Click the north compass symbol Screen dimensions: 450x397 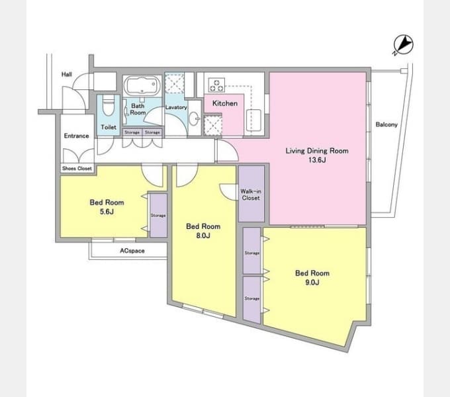tap(403, 45)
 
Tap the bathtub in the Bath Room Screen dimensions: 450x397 tap(142, 86)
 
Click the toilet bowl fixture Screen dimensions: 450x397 tap(108, 105)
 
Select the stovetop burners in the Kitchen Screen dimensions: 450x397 tap(216, 85)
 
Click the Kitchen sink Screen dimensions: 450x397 tap(253, 120)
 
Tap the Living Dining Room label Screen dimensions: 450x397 tap(317, 151)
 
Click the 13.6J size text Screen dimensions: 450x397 tap(317, 160)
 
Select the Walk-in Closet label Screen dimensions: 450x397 tap(251, 195)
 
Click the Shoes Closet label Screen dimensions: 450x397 tap(77, 168)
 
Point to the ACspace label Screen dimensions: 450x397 tap(132, 251)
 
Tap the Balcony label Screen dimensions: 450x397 tap(386, 124)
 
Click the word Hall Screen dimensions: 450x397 tap(67, 74)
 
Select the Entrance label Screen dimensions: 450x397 tap(76, 136)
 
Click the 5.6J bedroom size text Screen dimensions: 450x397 tap(107, 212)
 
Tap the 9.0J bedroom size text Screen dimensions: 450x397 tap(312, 283)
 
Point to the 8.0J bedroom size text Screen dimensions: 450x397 tap(203, 236)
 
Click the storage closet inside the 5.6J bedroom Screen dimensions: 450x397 tap(158, 216)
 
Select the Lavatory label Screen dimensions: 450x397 tap(176, 107)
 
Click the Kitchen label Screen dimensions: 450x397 tap(225, 103)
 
